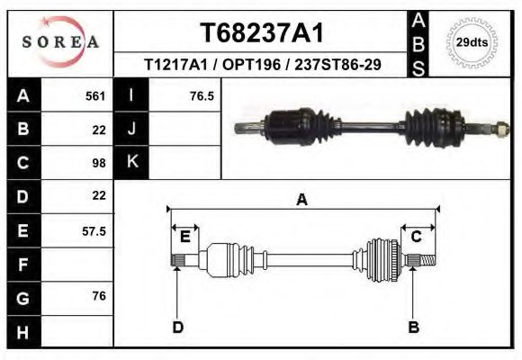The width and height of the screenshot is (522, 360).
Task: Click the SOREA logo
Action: pos(60,42)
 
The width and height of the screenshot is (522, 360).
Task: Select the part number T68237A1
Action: pos(262,33)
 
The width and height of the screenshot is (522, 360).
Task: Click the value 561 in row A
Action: pos(95,95)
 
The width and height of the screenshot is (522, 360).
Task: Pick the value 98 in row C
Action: pos(99,163)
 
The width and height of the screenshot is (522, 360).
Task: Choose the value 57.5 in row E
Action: pos(94,230)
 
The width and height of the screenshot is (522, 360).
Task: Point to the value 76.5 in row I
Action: pos(202,95)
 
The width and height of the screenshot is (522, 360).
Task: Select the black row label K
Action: pos(131,163)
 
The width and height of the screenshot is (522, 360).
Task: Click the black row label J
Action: pos(131,129)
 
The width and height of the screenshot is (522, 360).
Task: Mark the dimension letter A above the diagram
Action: pos(302,200)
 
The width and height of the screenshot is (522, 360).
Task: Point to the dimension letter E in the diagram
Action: pos(185,237)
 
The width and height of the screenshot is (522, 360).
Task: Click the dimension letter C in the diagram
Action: pos(417,237)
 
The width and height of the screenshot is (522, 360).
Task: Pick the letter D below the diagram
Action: pos(178,327)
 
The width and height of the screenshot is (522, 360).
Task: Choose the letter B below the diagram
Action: pos(414,327)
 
